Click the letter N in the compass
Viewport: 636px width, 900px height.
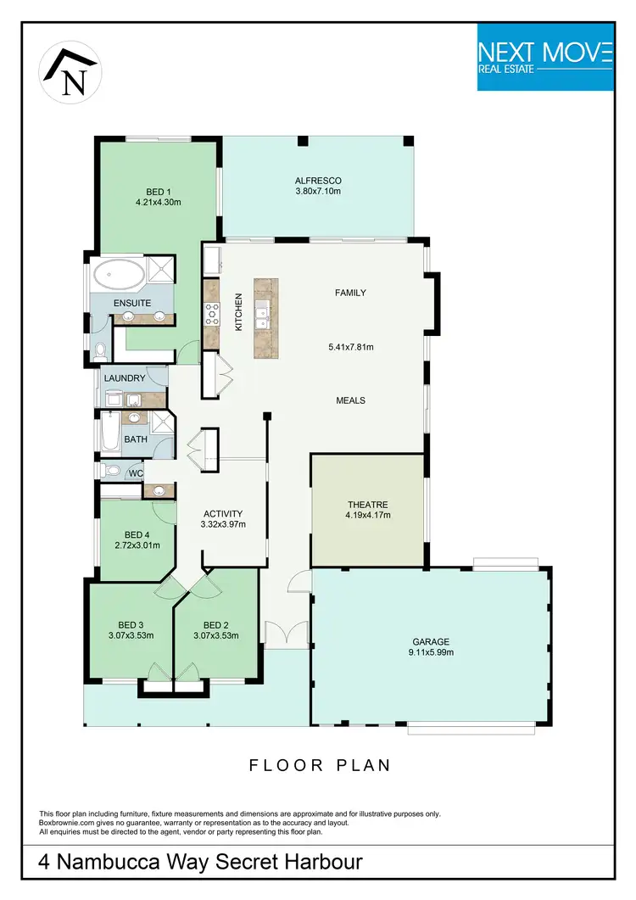(x=75, y=83)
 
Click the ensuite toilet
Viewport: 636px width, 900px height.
(x=100, y=349)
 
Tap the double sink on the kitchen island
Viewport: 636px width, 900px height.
(x=262, y=311)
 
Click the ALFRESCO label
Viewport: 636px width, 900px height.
(x=318, y=181)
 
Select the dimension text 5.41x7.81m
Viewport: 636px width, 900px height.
(x=351, y=347)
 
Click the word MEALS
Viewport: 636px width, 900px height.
(x=351, y=400)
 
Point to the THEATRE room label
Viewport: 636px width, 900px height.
(x=366, y=505)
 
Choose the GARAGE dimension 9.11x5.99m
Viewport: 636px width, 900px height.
(x=431, y=652)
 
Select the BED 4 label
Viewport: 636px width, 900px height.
(x=137, y=534)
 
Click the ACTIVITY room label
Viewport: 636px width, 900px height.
(x=223, y=513)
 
